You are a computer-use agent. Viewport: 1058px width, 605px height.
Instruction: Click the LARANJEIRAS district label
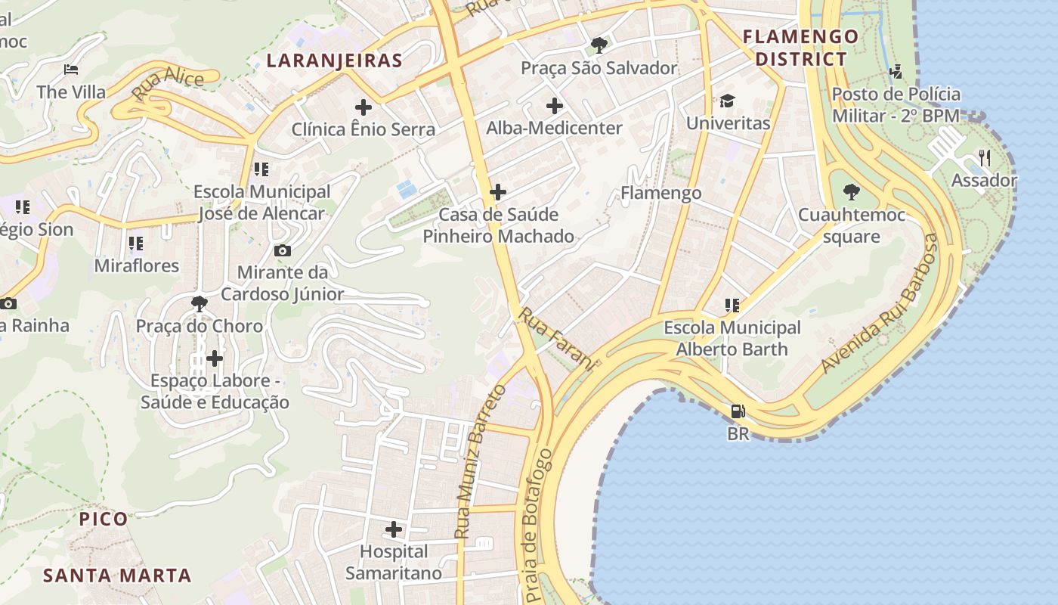(334, 60)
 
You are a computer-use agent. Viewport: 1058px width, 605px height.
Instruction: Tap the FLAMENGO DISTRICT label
(801, 48)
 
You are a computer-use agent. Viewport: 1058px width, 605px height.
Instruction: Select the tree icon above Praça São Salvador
(599, 45)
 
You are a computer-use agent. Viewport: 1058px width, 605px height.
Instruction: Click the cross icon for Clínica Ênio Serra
(363, 107)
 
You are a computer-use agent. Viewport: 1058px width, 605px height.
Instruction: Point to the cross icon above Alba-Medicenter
(555, 106)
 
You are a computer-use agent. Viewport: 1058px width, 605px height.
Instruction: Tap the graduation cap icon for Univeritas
(727, 101)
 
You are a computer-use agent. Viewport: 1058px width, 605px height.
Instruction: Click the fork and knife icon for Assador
(984, 158)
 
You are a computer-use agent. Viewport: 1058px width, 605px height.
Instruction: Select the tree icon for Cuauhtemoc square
(852, 192)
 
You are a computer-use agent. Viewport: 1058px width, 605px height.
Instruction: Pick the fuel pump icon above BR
(738, 411)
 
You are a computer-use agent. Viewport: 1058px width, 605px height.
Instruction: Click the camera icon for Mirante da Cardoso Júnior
(283, 250)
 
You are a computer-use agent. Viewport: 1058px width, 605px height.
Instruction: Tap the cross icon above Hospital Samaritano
(394, 529)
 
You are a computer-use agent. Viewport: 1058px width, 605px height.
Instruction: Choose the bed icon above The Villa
(71, 70)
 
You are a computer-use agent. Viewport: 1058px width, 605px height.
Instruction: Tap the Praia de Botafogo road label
(538, 526)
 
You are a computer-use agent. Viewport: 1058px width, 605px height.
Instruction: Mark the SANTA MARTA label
(117, 576)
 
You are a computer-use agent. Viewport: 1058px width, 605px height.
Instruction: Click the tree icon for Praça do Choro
(200, 304)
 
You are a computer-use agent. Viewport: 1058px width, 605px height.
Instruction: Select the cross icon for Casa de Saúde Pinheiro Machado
(498, 192)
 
